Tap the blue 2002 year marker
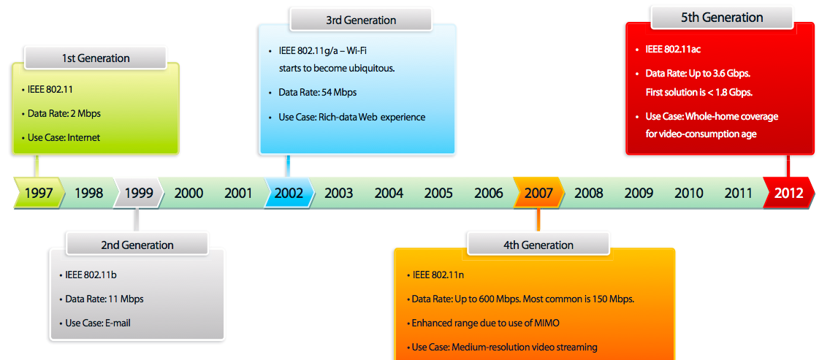point(289,193)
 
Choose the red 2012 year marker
point(788,193)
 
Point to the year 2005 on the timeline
point(438,194)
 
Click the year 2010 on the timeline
point(689,194)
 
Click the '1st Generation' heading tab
point(95,58)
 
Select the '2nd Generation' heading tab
point(137,245)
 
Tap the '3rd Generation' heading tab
point(361,20)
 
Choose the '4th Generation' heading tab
point(538,245)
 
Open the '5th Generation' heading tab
point(722,18)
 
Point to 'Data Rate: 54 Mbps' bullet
point(318,92)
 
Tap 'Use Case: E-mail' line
point(98,323)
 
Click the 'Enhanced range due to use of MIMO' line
point(485,323)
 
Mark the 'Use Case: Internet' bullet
point(64,137)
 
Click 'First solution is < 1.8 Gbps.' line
point(699,92)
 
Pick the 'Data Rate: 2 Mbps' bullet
point(64,113)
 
